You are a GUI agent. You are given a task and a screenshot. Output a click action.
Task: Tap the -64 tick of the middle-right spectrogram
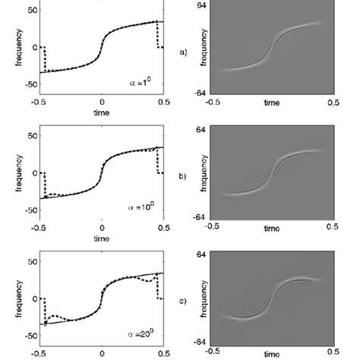198,216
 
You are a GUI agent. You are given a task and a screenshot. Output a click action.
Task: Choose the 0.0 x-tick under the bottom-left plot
101,352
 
